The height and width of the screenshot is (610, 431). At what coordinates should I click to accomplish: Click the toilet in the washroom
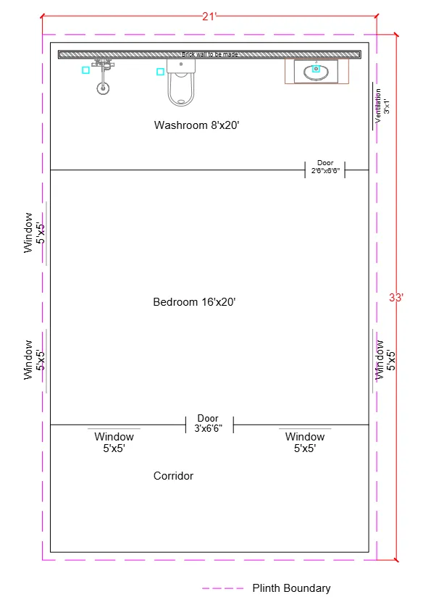point(181,83)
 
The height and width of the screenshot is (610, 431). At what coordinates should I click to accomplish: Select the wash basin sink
point(316,72)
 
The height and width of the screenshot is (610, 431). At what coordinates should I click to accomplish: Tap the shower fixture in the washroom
point(104,79)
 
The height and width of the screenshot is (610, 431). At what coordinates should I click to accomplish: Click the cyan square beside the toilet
point(160,71)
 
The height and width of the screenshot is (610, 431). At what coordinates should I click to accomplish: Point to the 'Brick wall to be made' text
point(209,54)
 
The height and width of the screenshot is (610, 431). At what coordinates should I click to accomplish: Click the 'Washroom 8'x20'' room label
point(196,125)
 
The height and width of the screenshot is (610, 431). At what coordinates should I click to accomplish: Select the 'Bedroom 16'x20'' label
point(195,301)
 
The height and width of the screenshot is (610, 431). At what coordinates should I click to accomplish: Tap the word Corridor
point(173,476)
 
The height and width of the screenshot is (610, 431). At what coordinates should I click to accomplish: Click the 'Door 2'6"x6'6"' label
point(325,167)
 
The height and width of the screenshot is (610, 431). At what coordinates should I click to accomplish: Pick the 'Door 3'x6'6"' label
point(208,424)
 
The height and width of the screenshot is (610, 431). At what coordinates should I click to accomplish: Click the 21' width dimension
point(209,17)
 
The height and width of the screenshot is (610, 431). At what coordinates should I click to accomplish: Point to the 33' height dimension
point(396,297)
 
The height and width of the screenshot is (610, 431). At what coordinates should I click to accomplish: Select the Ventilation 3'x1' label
point(382,102)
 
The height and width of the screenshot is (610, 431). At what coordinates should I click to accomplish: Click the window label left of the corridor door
point(114,442)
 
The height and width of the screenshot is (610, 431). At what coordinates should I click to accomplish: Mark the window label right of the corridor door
point(305,442)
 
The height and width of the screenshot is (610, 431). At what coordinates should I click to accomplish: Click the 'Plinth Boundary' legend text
point(291,588)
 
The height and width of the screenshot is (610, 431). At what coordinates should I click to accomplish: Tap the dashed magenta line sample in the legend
point(222,588)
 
